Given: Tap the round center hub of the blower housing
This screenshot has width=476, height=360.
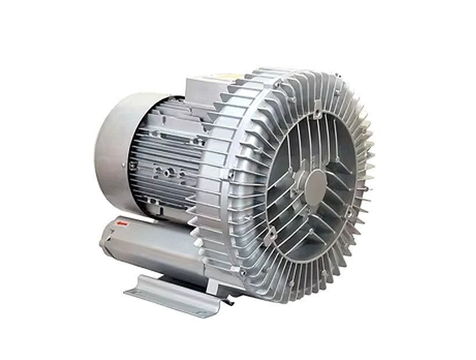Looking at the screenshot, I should point(318,185).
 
